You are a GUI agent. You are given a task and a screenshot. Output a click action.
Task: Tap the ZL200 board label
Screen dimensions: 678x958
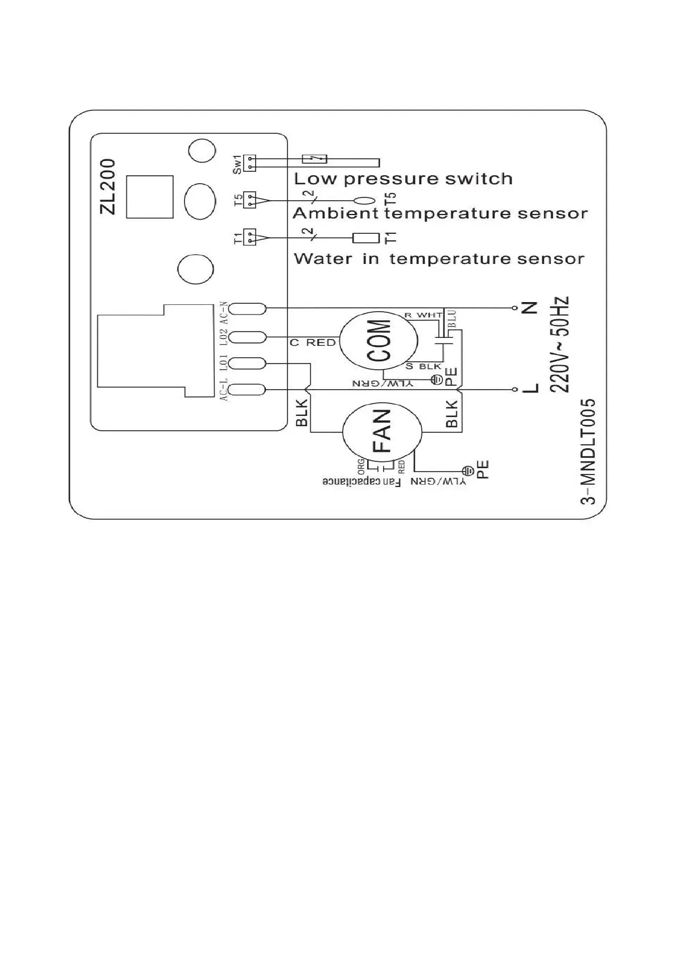pos(108,186)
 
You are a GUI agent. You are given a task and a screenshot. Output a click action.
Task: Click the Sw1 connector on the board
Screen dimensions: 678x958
pos(249,163)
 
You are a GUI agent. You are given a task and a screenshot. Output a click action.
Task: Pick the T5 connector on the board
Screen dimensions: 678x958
pos(249,200)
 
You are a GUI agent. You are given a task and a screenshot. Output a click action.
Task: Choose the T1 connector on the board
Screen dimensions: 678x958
pos(249,237)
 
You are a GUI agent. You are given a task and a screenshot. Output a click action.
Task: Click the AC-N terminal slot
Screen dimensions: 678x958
pos(249,308)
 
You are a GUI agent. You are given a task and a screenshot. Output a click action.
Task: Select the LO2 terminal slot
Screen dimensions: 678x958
pos(249,337)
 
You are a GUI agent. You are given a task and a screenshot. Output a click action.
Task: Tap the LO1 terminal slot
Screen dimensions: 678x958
pos(249,363)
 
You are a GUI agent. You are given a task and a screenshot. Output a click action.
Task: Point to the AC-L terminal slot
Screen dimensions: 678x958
pos(249,390)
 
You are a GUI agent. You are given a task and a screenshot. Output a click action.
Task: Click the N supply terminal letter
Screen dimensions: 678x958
pos(529,308)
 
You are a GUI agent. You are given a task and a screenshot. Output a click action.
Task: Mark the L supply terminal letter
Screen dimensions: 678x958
pos(529,389)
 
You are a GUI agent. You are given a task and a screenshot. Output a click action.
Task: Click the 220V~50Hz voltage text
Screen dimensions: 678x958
pos(560,345)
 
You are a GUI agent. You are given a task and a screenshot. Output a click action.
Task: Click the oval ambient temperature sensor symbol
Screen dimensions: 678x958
pos(364,200)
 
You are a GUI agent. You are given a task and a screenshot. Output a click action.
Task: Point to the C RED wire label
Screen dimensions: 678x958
pos(313,342)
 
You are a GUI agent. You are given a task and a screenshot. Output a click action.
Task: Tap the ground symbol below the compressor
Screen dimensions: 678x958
pos(436,379)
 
